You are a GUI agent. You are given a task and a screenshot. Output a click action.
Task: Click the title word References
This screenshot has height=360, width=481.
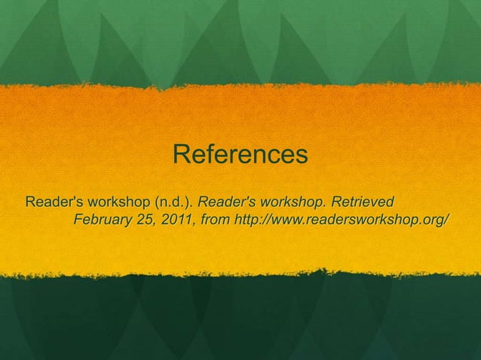tap(240, 155)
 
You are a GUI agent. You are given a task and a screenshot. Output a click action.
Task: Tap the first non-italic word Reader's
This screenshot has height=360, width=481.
tap(54, 203)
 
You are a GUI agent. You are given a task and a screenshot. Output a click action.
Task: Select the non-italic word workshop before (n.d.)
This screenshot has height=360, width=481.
tap(120, 203)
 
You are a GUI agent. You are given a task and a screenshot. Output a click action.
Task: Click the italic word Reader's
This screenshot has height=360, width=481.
tap(228, 203)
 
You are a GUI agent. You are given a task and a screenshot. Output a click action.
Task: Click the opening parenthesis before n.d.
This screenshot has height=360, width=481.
tap(157, 203)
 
